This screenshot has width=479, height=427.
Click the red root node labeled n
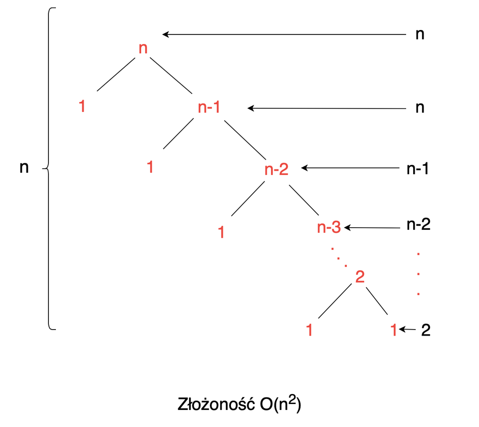click(x=143, y=49)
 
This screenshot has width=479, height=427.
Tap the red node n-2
click(x=276, y=169)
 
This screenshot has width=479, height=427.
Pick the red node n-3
click(x=329, y=228)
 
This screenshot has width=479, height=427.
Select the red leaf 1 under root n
click(x=82, y=106)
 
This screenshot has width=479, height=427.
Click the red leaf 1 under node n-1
click(x=150, y=167)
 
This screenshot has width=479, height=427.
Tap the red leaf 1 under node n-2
click(x=221, y=232)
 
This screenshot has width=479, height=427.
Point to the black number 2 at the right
click(x=425, y=331)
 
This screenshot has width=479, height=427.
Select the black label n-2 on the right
click(x=418, y=224)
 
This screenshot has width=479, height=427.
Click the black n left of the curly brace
click(x=24, y=168)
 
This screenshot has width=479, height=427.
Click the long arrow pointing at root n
click(x=284, y=34)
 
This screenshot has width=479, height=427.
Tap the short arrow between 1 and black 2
click(x=409, y=330)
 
